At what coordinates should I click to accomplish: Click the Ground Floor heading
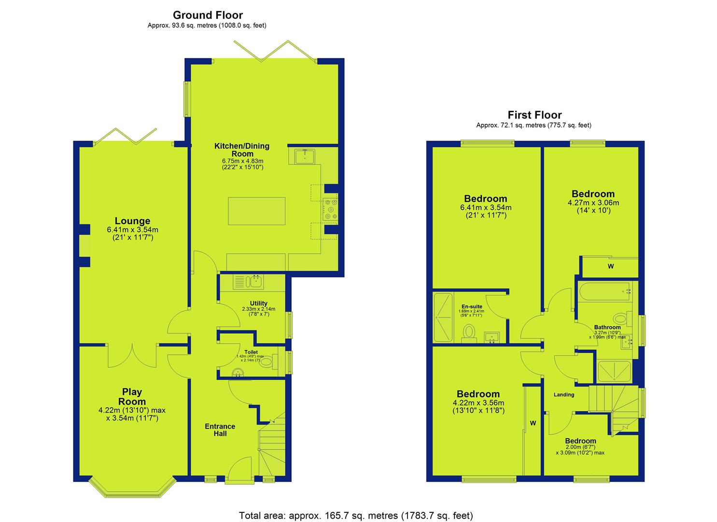pyautogui.click(x=208, y=15)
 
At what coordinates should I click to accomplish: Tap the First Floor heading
pyautogui.click(x=534, y=115)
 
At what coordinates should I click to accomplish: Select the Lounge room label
pyautogui.click(x=132, y=221)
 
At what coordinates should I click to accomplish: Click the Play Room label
pyautogui.click(x=132, y=396)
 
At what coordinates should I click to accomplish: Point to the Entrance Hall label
pyautogui.click(x=220, y=430)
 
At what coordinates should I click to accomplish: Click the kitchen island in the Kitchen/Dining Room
pyautogui.click(x=256, y=211)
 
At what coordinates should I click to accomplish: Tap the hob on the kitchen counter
pyautogui.click(x=330, y=209)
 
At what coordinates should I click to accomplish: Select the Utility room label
pyautogui.click(x=259, y=303)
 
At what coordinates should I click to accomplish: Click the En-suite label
pyautogui.click(x=472, y=306)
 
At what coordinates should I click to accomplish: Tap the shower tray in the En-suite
pyautogui.click(x=443, y=317)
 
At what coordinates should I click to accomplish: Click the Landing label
pyautogui.click(x=564, y=394)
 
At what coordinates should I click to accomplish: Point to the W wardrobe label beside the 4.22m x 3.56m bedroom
pyautogui.click(x=533, y=423)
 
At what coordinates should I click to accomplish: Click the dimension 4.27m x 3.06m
pyautogui.click(x=593, y=203)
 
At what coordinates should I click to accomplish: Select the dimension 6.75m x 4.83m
pyautogui.click(x=243, y=160)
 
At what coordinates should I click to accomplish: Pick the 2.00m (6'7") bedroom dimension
pyautogui.click(x=580, y=447)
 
